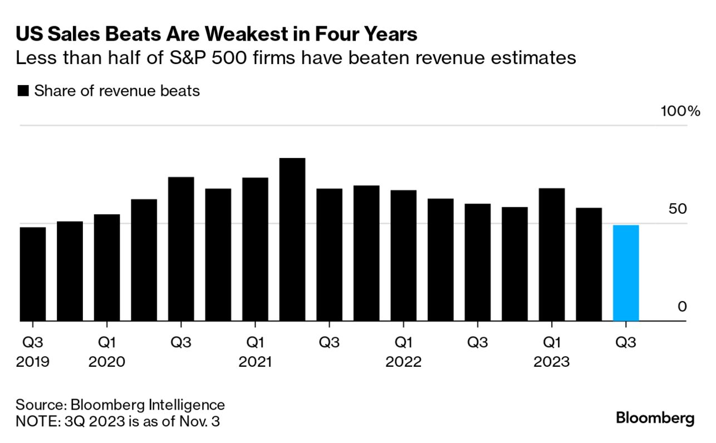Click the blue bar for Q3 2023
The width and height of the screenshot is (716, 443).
coord(625,273)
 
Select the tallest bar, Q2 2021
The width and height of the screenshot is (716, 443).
coord(292,239)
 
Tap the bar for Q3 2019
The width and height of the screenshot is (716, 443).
coord(33,274)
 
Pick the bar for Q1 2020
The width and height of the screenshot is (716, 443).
coord(107,267)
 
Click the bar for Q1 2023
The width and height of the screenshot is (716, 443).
coord(552,254)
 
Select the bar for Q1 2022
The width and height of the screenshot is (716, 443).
coord(403,255)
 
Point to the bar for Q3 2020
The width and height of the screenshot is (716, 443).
coord(181,249)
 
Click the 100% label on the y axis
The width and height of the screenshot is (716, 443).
coord(680,111)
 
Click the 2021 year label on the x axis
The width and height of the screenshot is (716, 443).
coord(255,362)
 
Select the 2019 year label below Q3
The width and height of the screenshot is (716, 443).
coord(33,362)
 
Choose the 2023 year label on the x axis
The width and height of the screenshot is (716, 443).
coord(552,362)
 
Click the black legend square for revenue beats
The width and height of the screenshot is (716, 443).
coord(23,91)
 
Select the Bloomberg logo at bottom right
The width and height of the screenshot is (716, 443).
coord(655,419)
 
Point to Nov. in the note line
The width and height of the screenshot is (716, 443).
coord(189,421)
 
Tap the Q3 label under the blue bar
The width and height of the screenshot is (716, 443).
coord(625,342)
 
